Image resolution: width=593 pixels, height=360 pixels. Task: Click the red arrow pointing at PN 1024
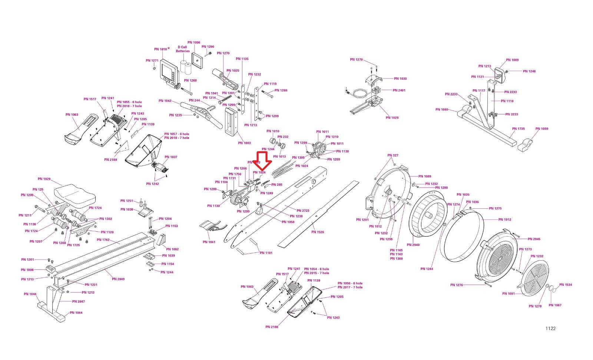tap(262, 159)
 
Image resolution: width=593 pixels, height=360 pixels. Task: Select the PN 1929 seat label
tap(44, 179)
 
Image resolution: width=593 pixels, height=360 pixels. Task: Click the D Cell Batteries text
tap(182, 49)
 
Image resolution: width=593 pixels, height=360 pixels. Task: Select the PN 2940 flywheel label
tap(413, 245)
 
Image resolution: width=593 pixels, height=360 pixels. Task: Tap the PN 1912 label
tap(504, 219)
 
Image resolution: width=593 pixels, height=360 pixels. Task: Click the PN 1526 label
tap(318, 232)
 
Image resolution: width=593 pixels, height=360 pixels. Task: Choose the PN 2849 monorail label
tap(118, 279)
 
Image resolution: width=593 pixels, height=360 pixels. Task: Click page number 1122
tap(550, 328)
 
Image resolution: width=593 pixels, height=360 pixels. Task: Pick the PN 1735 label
tap(518, 129)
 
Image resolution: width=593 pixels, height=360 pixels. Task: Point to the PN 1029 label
tap(392, 118)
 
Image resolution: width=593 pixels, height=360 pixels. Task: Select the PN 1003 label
tap(244, 143)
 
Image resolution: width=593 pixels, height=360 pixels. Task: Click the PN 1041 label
tap(209, 242)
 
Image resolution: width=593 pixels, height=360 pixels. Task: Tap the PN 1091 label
tap(508, 294)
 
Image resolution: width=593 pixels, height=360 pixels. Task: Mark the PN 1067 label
tap(555, 305)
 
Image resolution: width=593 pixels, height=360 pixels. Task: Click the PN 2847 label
tap(78, 302)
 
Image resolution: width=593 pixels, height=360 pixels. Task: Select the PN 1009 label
tap(512, 60)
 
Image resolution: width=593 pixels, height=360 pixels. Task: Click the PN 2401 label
tap(399, 90)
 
